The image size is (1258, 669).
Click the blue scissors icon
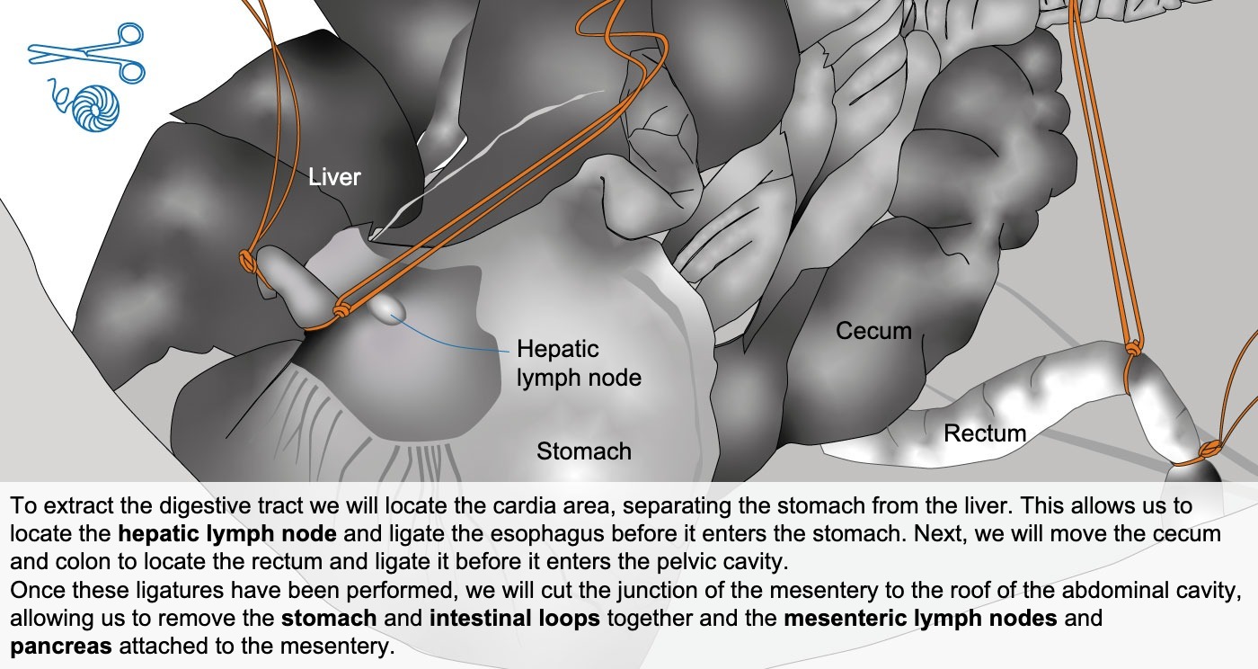pos(86,52)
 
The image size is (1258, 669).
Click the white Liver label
pos(334,177)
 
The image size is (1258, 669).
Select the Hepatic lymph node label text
pos(579,363)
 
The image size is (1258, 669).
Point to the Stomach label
pos(584,451)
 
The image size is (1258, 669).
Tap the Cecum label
pos(873,331)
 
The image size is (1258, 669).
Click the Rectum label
pos(985,433)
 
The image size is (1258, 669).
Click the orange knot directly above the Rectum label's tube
pos(1133,349)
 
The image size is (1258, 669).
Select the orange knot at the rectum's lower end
pos(1209,450)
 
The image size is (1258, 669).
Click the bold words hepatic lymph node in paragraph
pos(227,533)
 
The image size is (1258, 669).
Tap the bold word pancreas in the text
pos(61,647)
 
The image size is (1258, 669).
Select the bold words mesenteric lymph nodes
pos(920,619)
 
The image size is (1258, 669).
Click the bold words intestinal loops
pos(515,619)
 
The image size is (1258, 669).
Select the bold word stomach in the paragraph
pos(329,619)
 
